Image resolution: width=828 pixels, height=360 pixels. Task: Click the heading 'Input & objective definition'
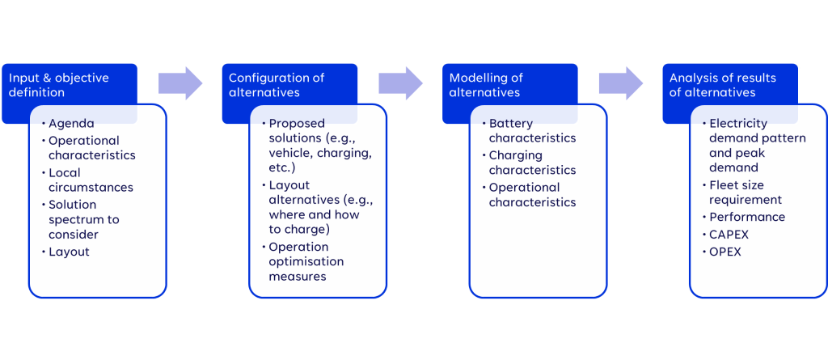(58, 85)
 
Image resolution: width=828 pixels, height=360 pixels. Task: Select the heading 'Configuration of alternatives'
(277, 85)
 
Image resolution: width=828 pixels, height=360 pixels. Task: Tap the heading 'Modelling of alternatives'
(486, 85)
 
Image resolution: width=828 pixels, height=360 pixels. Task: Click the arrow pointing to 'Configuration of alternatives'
(180, 83)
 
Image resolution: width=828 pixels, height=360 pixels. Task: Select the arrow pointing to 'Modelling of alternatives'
(401, 83)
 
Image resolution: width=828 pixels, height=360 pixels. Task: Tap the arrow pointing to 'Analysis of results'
(621, 83)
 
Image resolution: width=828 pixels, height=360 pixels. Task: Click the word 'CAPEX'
(729, 234)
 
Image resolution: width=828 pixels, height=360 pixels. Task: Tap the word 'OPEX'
(725, 252)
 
